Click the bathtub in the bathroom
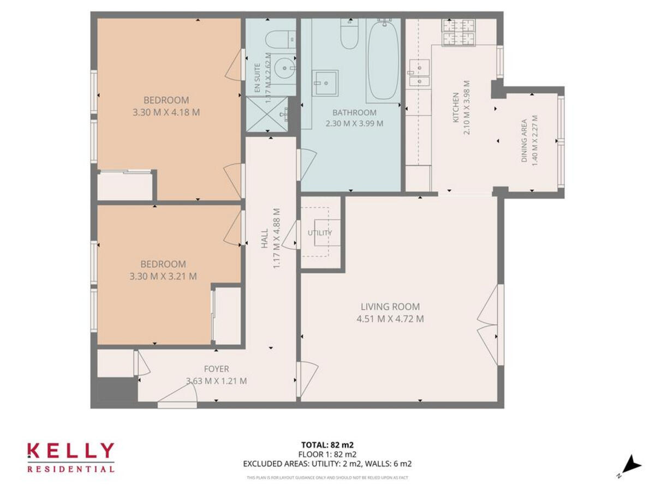pos(384,60)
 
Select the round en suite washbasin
pos(283,70)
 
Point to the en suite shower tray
pos(266,114)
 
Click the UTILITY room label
pos(320,233)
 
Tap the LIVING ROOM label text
pos(390,307)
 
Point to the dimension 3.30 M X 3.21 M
pos(163,277)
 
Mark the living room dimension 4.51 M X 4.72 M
pos(390,319)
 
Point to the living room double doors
pos(490,325)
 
